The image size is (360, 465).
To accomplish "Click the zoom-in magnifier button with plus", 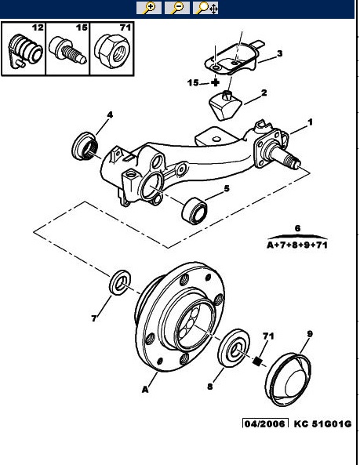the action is [149, 7].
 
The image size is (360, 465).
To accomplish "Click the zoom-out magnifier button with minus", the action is [177, 7].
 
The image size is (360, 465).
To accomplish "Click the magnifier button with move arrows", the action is [205, 7].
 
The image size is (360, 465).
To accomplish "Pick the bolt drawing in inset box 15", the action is [67, 50].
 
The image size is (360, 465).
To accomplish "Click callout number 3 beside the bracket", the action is [279, 53].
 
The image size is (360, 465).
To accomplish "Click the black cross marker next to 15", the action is [216, 82].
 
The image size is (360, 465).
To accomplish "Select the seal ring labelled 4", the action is [85, 146].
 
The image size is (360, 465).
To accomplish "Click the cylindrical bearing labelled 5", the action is [195, 211].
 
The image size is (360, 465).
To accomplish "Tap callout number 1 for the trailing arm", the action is [310, 122].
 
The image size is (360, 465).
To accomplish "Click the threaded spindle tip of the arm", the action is [292, 162].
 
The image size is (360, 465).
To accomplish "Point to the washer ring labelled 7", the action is [120, 282].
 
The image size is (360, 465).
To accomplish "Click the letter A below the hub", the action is [145, 390].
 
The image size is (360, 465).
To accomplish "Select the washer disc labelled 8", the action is [234, 348].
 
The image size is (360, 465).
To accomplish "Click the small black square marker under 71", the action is [257, 361].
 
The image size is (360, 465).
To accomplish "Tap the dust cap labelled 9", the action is [288, 380].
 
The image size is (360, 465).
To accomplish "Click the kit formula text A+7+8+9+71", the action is [297, 245].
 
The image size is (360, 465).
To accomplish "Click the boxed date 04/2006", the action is [265, 423].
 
